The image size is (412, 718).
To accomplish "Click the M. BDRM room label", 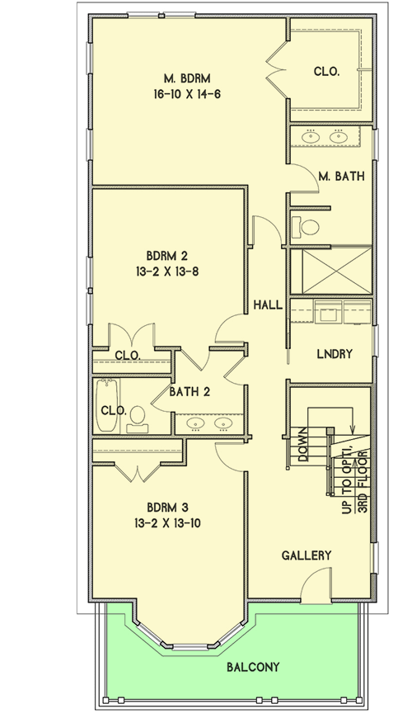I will pos(186,78).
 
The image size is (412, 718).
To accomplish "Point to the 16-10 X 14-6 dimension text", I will pos(186,94).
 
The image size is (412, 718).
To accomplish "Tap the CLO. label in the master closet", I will pos(326,72).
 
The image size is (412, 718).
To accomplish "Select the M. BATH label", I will pos(341,176).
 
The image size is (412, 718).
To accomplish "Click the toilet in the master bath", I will pos(308,226).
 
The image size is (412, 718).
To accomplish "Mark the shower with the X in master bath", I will pos(330,270).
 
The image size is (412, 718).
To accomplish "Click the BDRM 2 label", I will pos(167,254).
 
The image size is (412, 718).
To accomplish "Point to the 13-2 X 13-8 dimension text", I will pos(167,270).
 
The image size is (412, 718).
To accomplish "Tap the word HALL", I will pos(268,305).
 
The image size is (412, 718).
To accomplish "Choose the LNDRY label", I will pos(335,354).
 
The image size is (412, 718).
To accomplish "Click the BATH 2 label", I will pos(190,392).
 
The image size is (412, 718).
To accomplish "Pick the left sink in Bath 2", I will pos(196,423).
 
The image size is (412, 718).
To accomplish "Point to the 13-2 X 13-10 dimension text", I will pos(167,522).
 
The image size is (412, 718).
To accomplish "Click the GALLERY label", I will pos(306,555).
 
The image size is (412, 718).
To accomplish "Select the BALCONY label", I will pos(253,667).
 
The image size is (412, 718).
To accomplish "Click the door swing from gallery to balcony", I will pos(316,588).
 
